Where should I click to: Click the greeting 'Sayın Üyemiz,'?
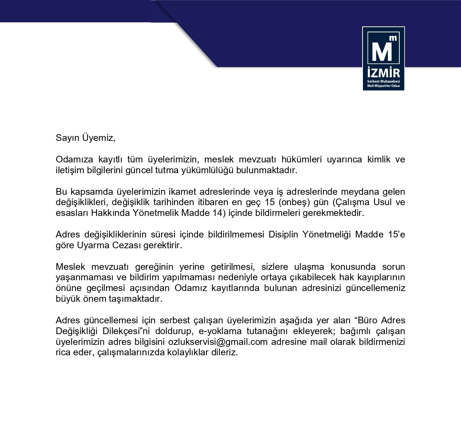85,138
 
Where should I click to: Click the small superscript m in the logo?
393,38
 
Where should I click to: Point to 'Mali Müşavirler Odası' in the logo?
383,86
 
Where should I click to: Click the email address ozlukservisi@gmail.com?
218,342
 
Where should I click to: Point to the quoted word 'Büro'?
367,320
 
